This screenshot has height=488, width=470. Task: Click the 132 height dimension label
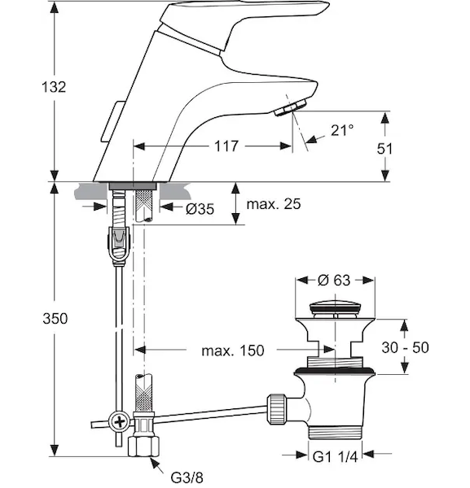point(54,87)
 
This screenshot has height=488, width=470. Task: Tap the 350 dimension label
point(55,319)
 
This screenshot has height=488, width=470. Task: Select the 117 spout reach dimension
point(226,146)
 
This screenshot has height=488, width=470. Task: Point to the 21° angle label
point(342,130)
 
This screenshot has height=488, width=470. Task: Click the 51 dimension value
point(384,149)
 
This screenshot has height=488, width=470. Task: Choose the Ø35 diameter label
point(200,209)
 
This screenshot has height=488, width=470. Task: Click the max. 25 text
point(274,204)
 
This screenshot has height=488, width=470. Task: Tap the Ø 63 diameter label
point(334,280)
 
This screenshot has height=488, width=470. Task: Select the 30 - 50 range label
point(405,347)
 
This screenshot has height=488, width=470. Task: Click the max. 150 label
point(233,351)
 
